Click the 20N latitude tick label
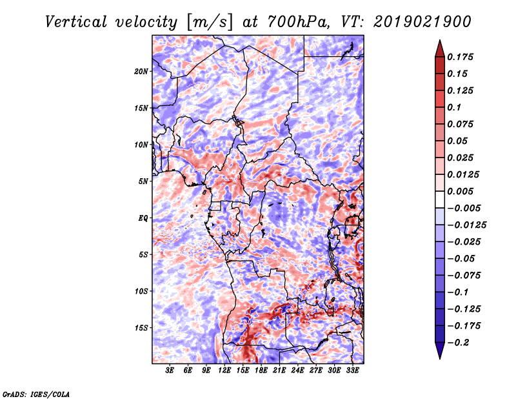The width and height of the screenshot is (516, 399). (x=141, y=72)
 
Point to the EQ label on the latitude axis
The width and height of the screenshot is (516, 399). (x=143, y=218)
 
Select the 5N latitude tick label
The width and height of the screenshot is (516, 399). (x=143, y=181)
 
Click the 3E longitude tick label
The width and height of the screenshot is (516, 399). (x=170, y=371)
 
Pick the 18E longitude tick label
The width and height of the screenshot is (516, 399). (x=261, y=371)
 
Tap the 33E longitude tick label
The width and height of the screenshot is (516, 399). (x=352, y=371)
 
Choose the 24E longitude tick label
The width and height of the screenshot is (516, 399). (x=297, y=371)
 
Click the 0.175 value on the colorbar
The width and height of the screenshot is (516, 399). (x=460, y=57)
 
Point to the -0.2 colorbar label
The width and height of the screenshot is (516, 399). (x=458, y=343)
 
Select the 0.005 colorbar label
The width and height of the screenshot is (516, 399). (x=460, y=191)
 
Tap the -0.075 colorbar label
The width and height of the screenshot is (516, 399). (x=464, y=276)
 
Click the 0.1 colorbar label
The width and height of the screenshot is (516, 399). (x=454, y=107)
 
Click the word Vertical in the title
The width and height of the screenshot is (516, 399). (x=76, y=22)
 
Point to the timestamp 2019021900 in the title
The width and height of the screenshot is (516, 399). (x=422, y=22)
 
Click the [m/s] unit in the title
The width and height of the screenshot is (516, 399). (x=210, y=23)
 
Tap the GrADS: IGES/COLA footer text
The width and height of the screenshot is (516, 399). (x=36, y=394)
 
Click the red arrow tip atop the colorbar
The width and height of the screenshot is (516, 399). (x=440, y=41)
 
